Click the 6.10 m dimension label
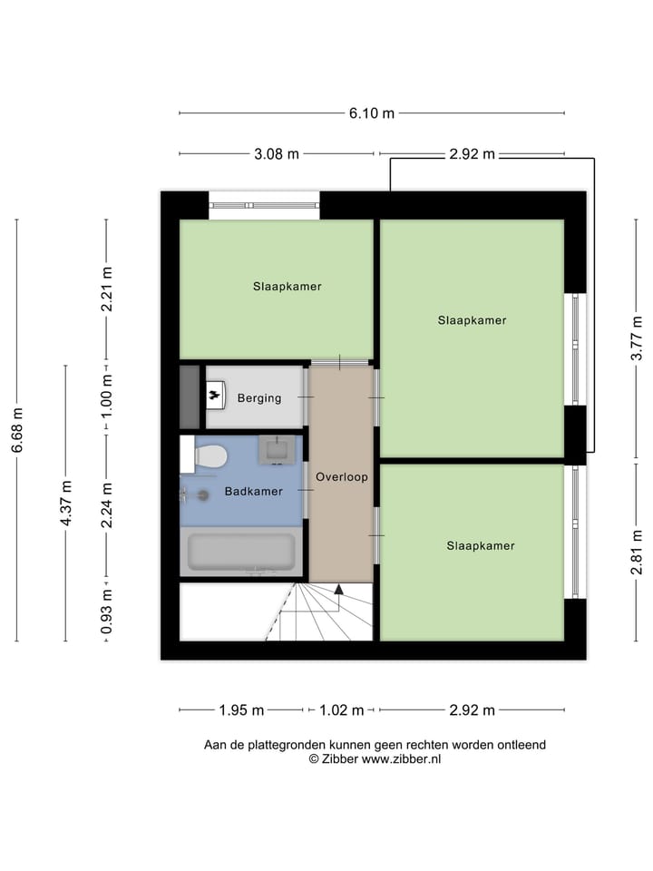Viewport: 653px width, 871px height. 372,113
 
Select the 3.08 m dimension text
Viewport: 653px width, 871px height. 277,154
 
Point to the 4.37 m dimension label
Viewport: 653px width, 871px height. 66,504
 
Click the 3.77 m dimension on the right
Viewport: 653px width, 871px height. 637,338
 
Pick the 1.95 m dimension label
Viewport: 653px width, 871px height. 241,710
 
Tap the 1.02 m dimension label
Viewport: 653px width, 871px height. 341,710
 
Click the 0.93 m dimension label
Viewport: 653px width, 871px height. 106,612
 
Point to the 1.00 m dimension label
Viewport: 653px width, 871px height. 106,396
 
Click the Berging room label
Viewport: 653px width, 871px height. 259,397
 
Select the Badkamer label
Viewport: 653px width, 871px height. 254,492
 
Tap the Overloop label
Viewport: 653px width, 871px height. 341,476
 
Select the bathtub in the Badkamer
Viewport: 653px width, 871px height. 240,552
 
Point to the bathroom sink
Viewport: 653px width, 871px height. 276,449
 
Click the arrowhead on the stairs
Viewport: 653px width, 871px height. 339,590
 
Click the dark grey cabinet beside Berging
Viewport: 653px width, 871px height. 190,396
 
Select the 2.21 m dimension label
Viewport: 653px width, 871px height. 106,289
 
